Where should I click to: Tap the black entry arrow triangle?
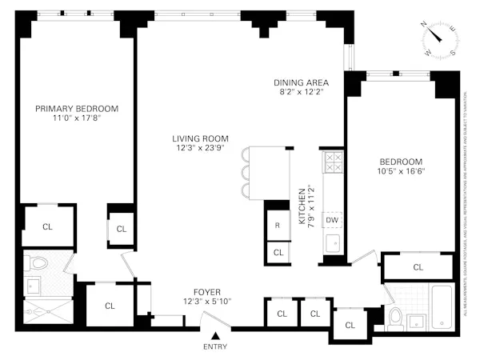coord(215,335)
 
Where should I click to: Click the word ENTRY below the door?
coord(215,346)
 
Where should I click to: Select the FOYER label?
coord(207,292)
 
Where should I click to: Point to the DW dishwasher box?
coord(332,220)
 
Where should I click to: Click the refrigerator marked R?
coord(277,226)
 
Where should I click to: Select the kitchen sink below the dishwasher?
coord(333,242)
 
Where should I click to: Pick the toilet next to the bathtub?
coord(394,318)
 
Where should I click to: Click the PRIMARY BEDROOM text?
coord(77,109)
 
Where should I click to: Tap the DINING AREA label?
coord(301,82)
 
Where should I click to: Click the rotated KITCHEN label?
coord(302,208)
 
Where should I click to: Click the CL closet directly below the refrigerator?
coord(278,252)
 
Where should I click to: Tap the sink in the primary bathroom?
coord(36,284)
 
